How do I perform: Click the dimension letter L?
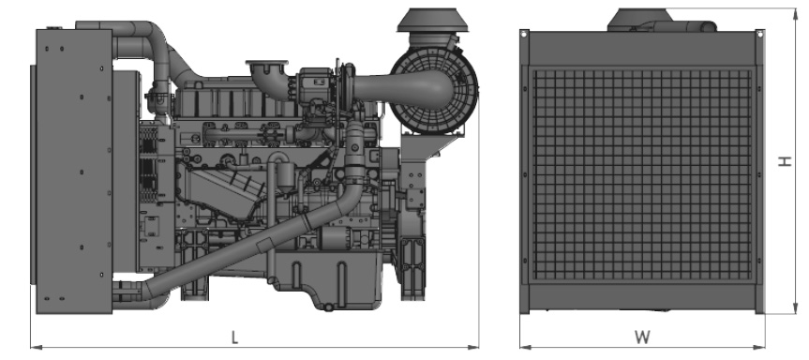[234, 337]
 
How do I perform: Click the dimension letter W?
[642, 337]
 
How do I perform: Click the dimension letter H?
[785, 161]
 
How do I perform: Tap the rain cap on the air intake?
[431, 20]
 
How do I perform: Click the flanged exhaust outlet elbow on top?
[269, 78]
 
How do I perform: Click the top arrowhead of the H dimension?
[796, 13]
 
